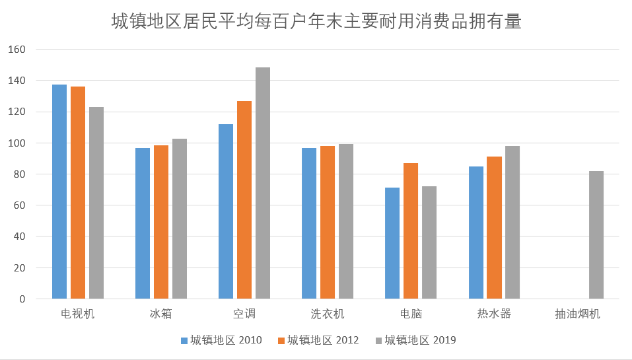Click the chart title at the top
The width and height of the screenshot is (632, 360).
click(x=316, y=22)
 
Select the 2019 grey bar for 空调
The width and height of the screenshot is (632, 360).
click(x=263, y=183)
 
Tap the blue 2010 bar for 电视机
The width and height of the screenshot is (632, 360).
click(x=59, y=192)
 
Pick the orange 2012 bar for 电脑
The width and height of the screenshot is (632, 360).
click(x=411, y=231)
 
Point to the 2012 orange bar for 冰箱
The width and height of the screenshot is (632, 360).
click(x=161, y=222)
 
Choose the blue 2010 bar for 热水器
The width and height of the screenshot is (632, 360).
click(x=476, y=233)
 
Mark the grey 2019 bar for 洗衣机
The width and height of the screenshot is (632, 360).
click(x=346, y=221)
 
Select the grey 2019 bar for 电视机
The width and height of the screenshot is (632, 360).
click(x=96, y=203)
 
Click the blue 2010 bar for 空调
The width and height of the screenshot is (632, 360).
click(x=226, y=211)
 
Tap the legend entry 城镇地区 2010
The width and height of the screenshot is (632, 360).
click(x=221, y=340)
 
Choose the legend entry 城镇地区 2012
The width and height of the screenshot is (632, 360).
click(x=318, y=340)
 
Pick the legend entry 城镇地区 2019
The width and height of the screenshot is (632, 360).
click(x=415, y=340)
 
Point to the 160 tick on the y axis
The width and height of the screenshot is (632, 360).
click(x=17, y=50)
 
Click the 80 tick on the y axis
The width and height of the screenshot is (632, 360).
click(x=19, y=174)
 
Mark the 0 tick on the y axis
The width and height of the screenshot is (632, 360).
click(x=22, y=299)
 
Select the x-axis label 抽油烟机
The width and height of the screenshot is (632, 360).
click(x=578, y=314)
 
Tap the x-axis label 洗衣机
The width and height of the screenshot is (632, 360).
click(x=328, y=314)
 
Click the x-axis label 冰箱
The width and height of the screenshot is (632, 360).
click(x=160, y=314)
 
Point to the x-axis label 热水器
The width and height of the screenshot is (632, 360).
click(x=494, y=314)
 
